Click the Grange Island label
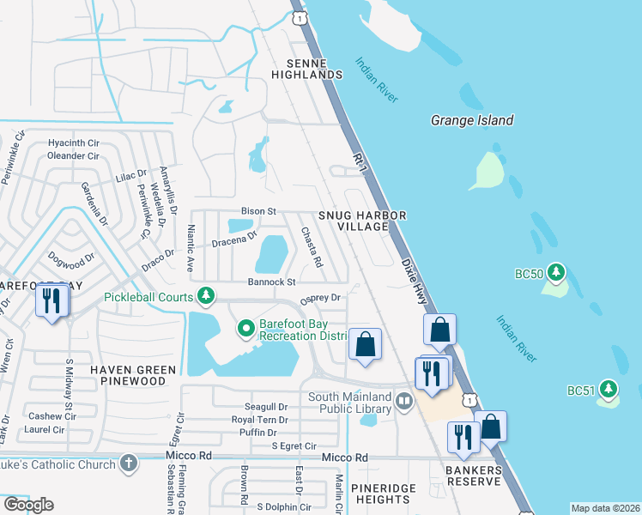pyautogui.click(x=472, y=121)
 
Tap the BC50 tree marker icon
pyautogui.click(x=556, y=273)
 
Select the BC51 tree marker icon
pyautogui.click(x=609, y=390)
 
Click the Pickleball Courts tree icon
pyautogui.click(x=205, y=296)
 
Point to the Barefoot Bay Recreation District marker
pyautogui.click(x=245, y=328)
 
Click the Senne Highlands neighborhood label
pyautogui.click(x=306, y=70)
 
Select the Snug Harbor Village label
pyautogui.click(x=361, y=221)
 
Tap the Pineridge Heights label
pyautogui.click(x=380, y=493)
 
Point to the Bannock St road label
pyautogui.click(x=271, y=282)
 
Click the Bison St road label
pyautogui.click(x=257, y=210)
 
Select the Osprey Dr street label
pyautogui.click(x=320, y=298)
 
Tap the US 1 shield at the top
pyautogui.click(x=298, y=16)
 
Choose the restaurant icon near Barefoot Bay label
pyautogui.click(x=51, y=300)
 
